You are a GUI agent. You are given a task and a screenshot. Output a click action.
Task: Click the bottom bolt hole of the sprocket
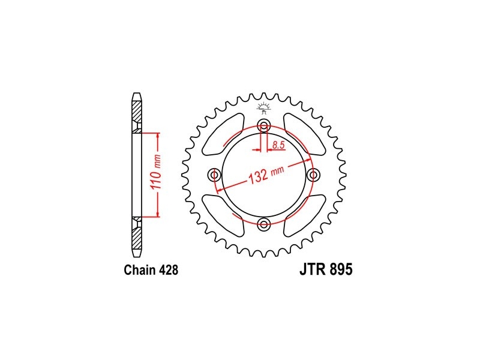(264, 224)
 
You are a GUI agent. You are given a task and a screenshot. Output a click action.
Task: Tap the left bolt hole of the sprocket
(214, 175)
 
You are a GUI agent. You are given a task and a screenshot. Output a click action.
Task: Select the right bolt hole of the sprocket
(313, 175)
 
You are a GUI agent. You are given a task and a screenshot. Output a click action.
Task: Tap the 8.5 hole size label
(278, 145)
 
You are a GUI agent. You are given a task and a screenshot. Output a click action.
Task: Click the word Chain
(140, 270)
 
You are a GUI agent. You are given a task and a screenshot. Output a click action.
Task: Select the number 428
(169, 270)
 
